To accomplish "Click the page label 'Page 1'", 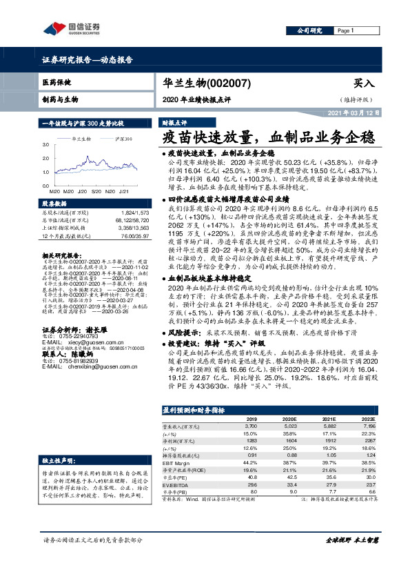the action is [x=344, y=31].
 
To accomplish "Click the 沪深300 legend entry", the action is [x=123, y=139].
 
